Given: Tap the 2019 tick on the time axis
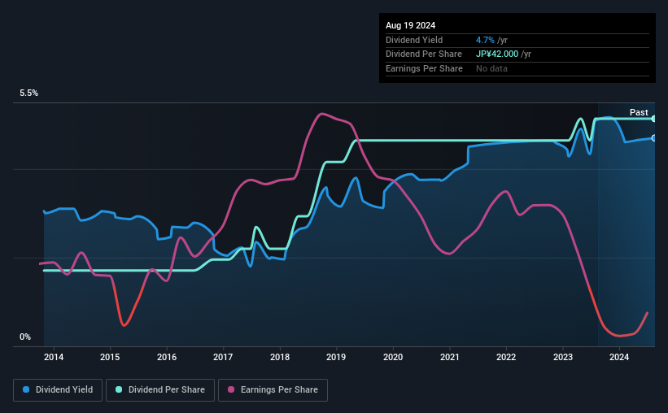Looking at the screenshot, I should pyautogui.click(x=336, y=356).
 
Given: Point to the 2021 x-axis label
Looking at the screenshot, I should pyautogui.click(x=449, y=356).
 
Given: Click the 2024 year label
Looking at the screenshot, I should pyautogui.click(x=619, y=356).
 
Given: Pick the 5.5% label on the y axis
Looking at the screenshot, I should pyautogui.click(x=29, y=93).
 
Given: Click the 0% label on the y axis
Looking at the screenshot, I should pyautogui.click(x=25, y=337).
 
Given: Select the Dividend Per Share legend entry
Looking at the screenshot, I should pyautogui.click(x=159, y=390).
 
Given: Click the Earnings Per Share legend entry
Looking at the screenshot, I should pyautogui.click(x=273, y=390).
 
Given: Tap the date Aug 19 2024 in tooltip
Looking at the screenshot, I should pyautogui.click(x=411, y=25).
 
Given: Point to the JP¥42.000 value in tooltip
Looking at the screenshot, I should pyautogui.click(x=504, y=54).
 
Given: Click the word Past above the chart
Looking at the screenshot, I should pyautogui.click(x=639, y=112).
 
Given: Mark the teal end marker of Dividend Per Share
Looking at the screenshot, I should pyautogui.click(x=654, y=119).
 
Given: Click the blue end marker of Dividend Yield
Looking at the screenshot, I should pyautogui.click(x=654, y=137).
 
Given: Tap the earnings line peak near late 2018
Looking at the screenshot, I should pyautogui.click(x=322, y=114).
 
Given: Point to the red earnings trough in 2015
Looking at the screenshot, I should pyautogui.click(x=124, y=325).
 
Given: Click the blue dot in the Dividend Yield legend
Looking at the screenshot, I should pyautogui.click(x=26, y=390).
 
